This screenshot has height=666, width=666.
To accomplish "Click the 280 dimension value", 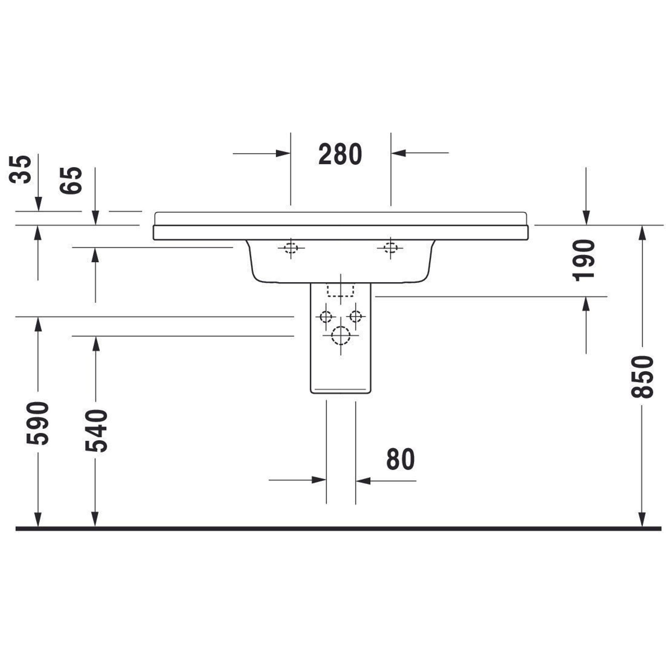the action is [x=340, y=154].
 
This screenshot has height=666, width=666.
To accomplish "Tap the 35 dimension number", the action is [x=20, y=169].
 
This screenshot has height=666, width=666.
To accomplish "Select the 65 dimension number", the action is [x=71, y=180].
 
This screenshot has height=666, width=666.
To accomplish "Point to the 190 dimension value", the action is [x=584, y=260].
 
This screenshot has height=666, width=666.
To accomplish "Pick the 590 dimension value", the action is [x=38, y=423].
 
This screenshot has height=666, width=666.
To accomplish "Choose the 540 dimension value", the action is [x=96, y=431].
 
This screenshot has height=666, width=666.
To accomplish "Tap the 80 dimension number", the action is [x=400, y=459].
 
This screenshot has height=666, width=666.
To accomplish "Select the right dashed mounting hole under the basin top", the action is [x=391, y=247].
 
